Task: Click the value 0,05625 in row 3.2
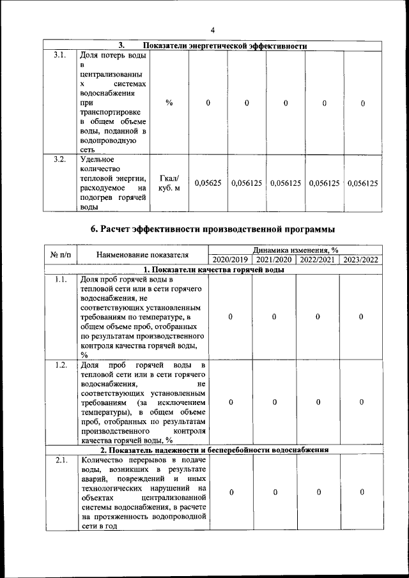click(x=208, y=183)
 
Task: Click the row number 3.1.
click(x=59, y=55)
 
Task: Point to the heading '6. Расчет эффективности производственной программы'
click(x=213, y=229)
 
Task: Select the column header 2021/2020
click(x=274, y=260)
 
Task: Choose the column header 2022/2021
click(x=318, y=260)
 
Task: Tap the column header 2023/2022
click(x=361, y=260)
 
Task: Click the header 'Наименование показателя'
click(x=143, y=255)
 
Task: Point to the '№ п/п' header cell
click(x=60, y=255)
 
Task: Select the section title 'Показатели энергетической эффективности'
click(x=225, y=46)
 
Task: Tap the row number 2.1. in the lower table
click(x=61, y=460)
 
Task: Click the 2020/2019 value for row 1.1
click(x=230, y=317)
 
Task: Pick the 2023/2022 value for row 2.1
click(x=361, y=492)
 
